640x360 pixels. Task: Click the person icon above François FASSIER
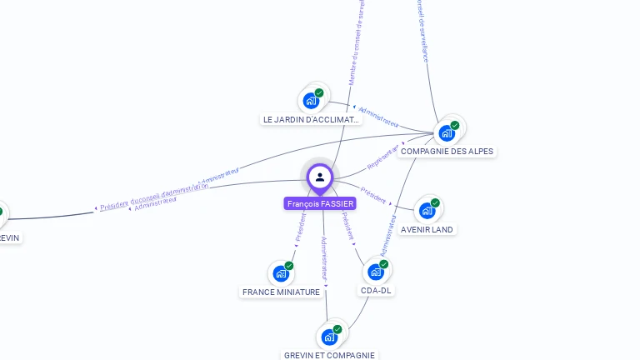tap(320, 177)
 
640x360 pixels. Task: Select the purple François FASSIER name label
tap(320, 203)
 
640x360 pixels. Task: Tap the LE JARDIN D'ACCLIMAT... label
tap(311, 119)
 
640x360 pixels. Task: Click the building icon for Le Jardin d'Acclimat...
tap(312, 101)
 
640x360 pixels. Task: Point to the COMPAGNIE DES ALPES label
tap(447, 152)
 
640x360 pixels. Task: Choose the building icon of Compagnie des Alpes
tap(447, 132)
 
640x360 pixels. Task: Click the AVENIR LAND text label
tap(427, 229)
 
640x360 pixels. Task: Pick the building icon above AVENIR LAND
tap(427, 211)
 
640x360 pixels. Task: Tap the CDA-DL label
tap(376, 290)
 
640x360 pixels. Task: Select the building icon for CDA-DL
tap(376, 272)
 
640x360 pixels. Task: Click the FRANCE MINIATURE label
tap(281, 292)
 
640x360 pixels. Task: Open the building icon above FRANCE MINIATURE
tap(281, 273)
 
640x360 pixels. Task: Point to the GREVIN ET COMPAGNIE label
tap(329, 355)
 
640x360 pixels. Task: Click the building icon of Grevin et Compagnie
tap(329, 337)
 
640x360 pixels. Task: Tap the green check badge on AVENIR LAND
tap(435, 203)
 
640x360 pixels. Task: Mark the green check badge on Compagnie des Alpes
tap(455, 125)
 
